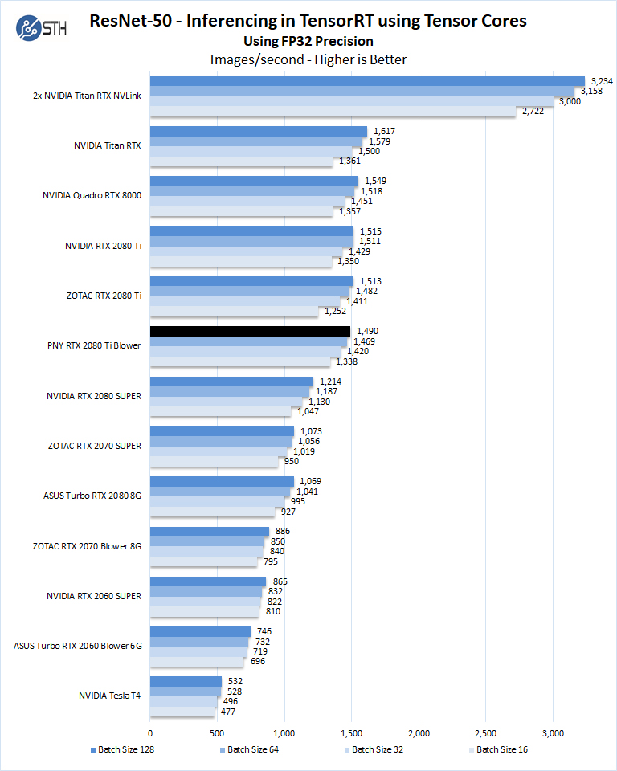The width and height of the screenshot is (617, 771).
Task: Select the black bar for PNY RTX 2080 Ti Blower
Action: pyautogui.click(x=250, y=331)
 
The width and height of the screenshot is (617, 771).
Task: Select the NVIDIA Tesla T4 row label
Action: pyautogui.click(x=109, y=696)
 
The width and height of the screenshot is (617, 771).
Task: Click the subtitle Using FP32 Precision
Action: pyautogui.click(x=308, y=41)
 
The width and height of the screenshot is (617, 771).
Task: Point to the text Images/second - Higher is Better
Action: pyautogui.click(x=308, y=59)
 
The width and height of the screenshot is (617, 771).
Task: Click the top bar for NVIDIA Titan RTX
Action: pyautogui.click(x=258, y=131)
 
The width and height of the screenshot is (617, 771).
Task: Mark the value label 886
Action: pyautogui.click(x=282, y=531)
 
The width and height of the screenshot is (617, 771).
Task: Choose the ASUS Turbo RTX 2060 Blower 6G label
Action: pyautogui.click(x=78, y=646)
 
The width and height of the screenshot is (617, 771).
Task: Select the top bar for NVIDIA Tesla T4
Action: pyautogui.click(x=186, y=681)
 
